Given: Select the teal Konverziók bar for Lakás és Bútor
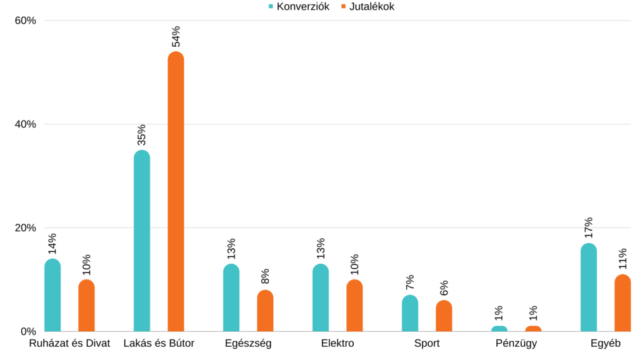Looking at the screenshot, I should pos(142,241).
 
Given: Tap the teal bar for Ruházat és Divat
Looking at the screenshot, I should pos(52,295).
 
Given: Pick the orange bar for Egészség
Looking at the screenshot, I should pos(265,311).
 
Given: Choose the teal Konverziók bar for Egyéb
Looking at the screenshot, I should pos(588,287).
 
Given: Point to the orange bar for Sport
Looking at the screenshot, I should pos(444,316).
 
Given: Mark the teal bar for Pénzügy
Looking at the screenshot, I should pos(499,329).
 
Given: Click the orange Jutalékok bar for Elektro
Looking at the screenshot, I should pos(354,306).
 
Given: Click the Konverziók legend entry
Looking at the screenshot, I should pos(298,6).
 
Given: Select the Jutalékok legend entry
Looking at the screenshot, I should pos(367,6).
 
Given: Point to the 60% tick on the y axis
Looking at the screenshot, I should pos(26,21).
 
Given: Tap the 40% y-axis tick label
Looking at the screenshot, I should pos(26,124).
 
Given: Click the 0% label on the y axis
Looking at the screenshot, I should pos(28,331).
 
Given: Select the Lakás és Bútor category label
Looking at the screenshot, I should pos(159,343).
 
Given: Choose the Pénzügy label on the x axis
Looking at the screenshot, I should pos(516,343).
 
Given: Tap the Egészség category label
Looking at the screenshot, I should pos(248,343).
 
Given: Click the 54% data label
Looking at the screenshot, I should pos(176,36).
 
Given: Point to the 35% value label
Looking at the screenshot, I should pos(142,135).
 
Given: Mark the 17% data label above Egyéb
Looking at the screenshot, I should pos(588,228).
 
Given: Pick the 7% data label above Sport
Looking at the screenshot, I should pos(410,283).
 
